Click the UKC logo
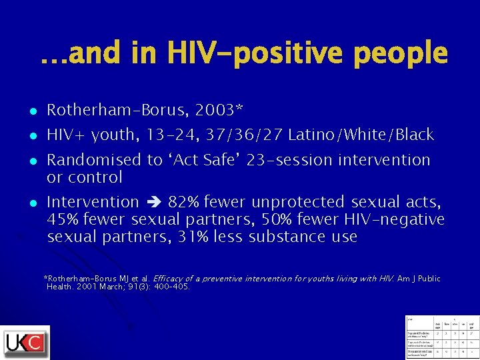(25, 342)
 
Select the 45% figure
(64, 219)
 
